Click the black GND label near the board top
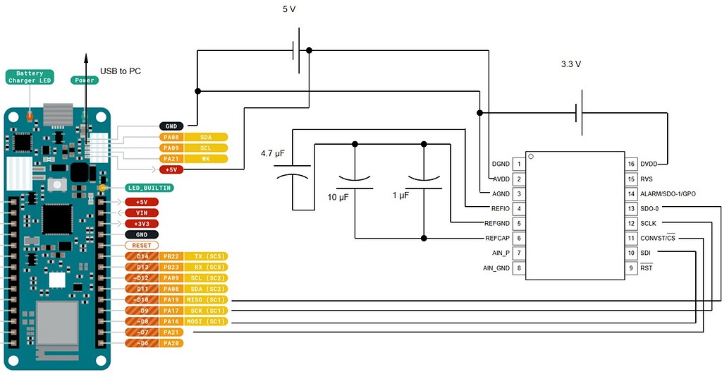click(171, 126)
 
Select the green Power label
click(83, 80)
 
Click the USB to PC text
click(121, 71)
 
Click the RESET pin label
click(142, 245)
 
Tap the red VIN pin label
click(142, 213)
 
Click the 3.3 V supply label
click(570, 64)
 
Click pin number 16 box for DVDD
click(631, 164)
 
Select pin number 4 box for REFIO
click(520, 208)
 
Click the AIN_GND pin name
click(496, 268)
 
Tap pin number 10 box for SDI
click(631, 253)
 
